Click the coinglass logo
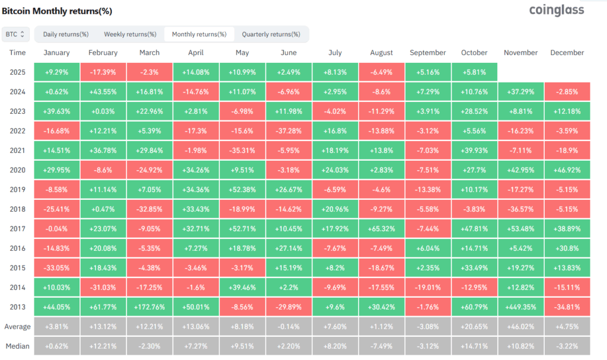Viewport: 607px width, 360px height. click(x=556, y=10)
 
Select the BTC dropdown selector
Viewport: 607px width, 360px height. click(x=15, y=34)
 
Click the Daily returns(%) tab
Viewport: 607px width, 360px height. click(x=66, y=34)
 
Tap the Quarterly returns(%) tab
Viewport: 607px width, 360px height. click(x=271, y=34)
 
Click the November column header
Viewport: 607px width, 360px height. click(x=520, y=53)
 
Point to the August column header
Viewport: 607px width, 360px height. click(x=381, y=53)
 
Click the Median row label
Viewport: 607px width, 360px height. click(x=18, y=346)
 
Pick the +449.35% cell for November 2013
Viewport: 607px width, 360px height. click(x=520, y=307)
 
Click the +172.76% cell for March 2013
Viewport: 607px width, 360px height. click(x=149, y=307)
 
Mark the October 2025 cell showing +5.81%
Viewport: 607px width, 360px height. click(x=474, y=72)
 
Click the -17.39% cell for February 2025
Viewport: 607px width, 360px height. click(x=103, y=72)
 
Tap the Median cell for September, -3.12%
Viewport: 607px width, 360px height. click(x=428, y=346)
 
